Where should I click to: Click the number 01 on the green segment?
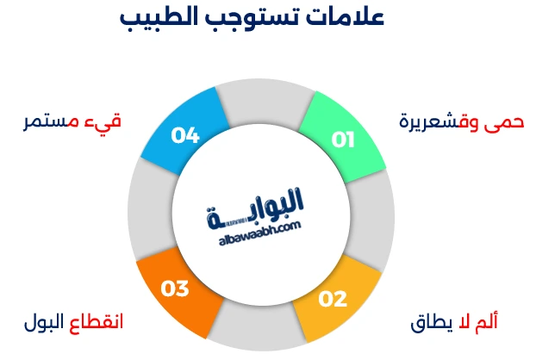tap(343, 140)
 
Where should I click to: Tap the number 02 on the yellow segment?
tap(333, 299)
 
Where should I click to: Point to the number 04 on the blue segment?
tap(185, 135)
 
